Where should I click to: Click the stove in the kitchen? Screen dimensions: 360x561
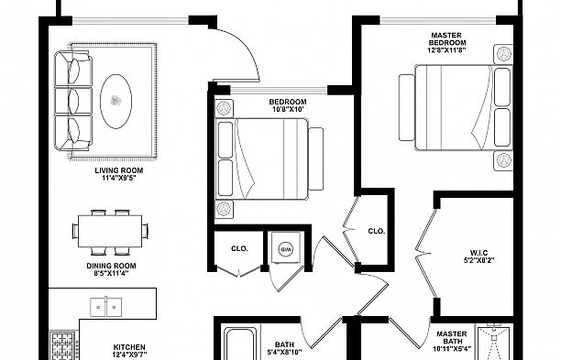click(63, 347)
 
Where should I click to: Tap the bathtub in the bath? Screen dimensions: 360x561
click(240, 345)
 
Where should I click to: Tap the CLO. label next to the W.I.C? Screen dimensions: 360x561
click(376, 231)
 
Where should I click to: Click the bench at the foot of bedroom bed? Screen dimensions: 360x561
click(316, 160)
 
